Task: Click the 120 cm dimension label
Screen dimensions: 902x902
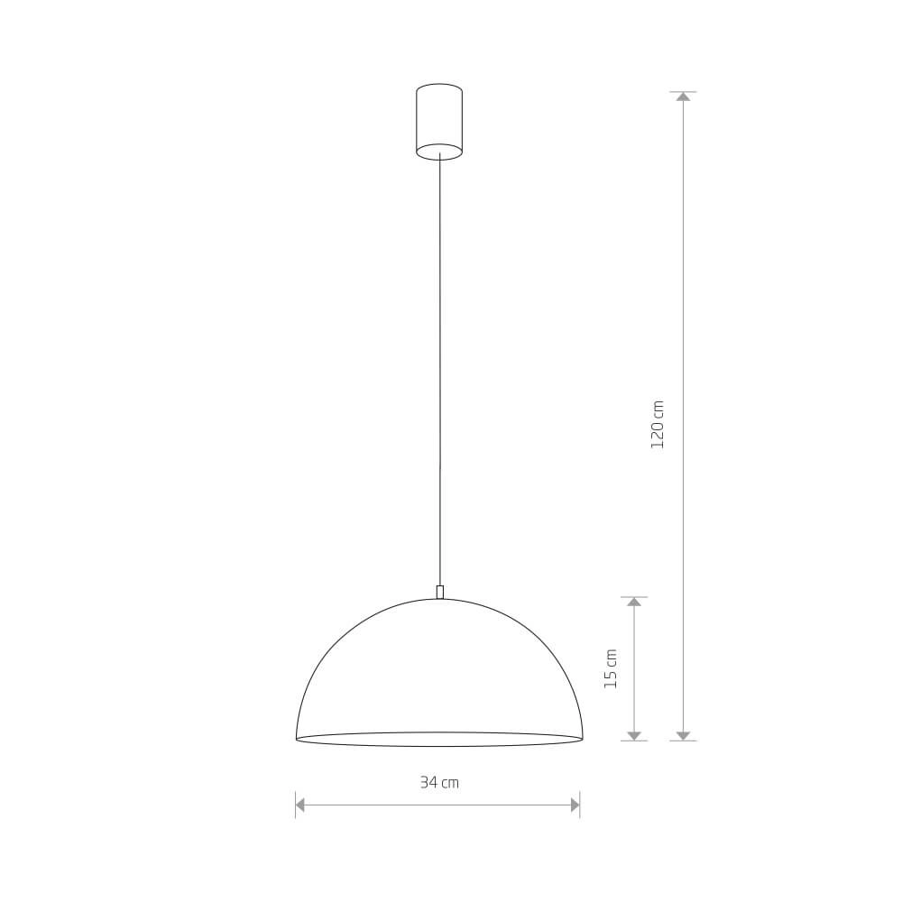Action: tap(658, 424)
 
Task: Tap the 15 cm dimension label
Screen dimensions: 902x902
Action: tap(612, 668)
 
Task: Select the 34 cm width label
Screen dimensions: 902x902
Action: tap(439, 782)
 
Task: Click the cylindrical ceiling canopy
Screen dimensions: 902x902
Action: tap(439, 119)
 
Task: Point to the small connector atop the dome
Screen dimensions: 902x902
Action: tap(439, 592)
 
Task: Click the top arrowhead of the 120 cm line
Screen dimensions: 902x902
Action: tap(683, 96)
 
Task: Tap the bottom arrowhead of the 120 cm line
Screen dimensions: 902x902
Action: tap(683, 736)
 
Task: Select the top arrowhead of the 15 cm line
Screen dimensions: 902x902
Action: tap(634, 601)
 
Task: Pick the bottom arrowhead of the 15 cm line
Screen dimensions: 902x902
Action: tap(634, 736)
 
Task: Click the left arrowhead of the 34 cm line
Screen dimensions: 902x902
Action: tap(300, 805)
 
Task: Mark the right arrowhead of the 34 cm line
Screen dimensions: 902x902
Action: tap(575, 805)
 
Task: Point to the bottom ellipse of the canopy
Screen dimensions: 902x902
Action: tap(439, 152)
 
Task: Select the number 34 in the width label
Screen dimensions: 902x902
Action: tap(428, 782)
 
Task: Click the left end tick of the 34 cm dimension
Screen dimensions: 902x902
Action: tap(295, 805)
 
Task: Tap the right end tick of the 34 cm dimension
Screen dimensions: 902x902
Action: tap(580, 805)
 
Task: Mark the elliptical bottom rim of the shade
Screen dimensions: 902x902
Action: tap(439, 745)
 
